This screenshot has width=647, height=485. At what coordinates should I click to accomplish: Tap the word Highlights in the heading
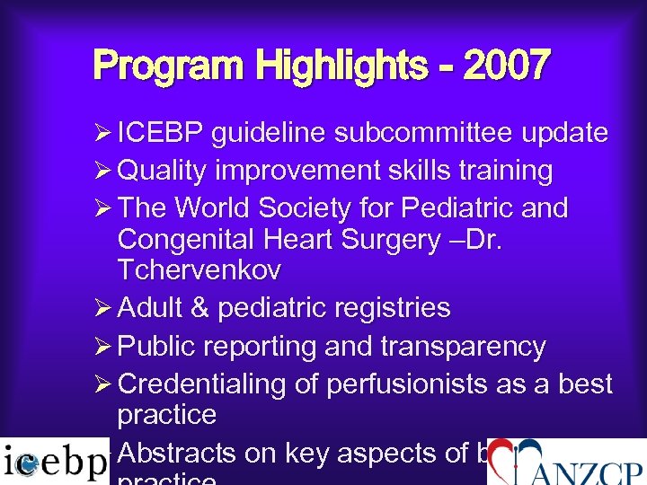[x=341, y=66]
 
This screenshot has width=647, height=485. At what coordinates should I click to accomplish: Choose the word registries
[x=394, y=308]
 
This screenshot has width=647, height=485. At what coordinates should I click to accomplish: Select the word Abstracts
[x=176, y=454]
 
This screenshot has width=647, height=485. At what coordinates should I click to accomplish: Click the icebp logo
[x=55, y=462]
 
